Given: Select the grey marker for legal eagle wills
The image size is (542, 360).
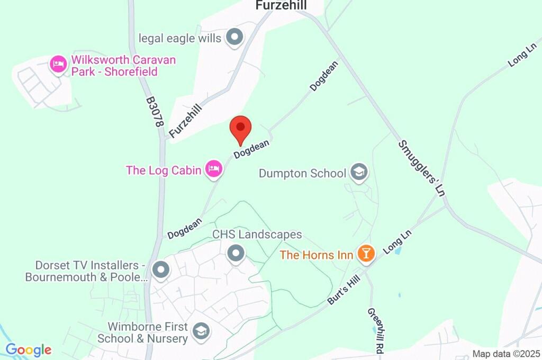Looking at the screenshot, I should click(234, 38).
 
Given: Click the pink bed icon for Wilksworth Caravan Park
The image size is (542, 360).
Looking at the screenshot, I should click(58, 65).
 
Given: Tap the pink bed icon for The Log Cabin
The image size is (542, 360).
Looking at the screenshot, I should click(214, 169).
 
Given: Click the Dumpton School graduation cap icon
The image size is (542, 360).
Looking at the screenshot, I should click(359, 173).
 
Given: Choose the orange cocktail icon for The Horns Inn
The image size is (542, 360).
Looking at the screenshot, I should click(366, 254).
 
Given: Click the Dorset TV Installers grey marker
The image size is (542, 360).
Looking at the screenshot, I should click(160, 271).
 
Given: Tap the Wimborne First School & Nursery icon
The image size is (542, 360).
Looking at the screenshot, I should click(201, 332).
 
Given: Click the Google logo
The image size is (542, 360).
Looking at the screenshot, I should click(28, 350).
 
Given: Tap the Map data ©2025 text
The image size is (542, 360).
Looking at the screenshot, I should click(506, 354).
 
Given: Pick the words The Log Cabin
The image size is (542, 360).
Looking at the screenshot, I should click(164, 170).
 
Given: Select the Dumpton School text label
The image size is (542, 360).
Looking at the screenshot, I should click(302, 173).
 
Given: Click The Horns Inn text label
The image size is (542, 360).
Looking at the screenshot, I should click(317, 255).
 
